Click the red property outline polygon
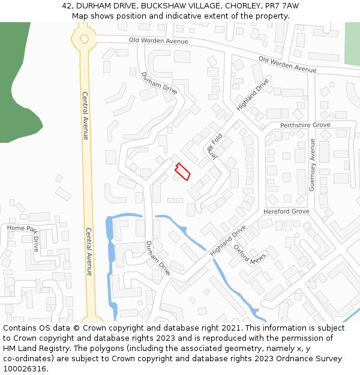pyautogui.click(x=182, y=172)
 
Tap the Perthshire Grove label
pyautogui.click(x=305, y=125)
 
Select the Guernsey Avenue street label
pyautogui.click(x=312, y=165)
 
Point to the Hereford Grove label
pyautogui.click(x=286, y=212)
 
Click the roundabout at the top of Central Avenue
pyautogui.click(x=83, y=39)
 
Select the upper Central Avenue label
pyautogui.click(x=85, y=116)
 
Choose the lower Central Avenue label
pyautogui.click(x=89, y=251)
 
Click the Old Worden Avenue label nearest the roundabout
pyautogui.click(x=159, y=41)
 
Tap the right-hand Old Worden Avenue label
pyautogui.click(x=287, y=64)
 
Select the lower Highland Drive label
pyautogui.click(x=228, y=241)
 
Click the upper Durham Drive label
pyautogui.click(x=159, y=83)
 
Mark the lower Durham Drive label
pyautogui.click(x=158, y=258)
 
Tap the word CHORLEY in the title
pyautogui.click(x=242, y=5)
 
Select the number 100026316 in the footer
pyautogui.click(x=26, y=369)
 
